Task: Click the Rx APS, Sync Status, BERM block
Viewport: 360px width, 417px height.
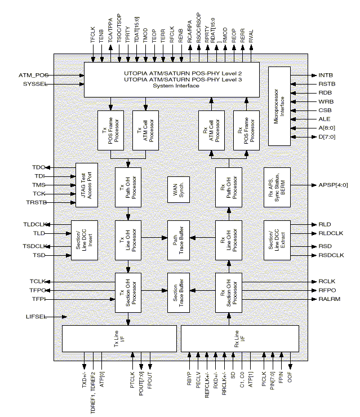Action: click(x=279, y=185)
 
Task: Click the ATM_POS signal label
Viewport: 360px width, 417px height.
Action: click(x=33, y=74)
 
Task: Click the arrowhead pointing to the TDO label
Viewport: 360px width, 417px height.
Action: click(x=50, y=167)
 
